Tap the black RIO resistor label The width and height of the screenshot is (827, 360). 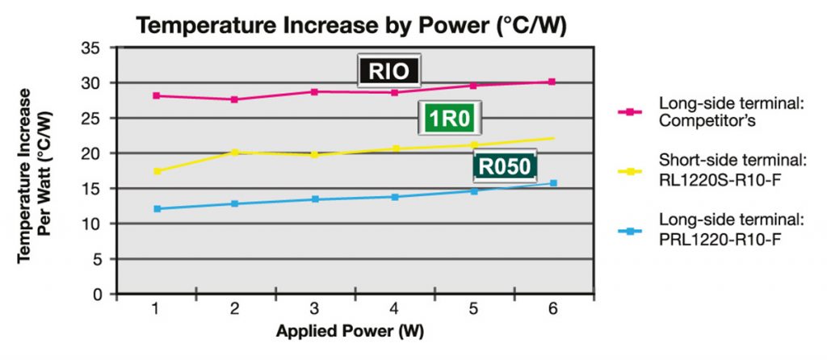[390, 72]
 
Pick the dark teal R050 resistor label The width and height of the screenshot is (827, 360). [505, 167]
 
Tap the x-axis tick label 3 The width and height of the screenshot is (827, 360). [314, 310]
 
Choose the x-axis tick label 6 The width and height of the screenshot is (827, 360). [552, 310]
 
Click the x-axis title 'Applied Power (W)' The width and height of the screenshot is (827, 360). [350, 332]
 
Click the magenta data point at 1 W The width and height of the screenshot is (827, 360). [156, 96]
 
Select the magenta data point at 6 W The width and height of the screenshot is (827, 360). [552, 82]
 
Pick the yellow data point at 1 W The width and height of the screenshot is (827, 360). [156, 171]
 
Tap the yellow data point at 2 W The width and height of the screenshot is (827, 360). [235, 152]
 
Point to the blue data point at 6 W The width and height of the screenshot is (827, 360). [553, 183]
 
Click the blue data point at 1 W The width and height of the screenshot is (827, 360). [156, 209]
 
